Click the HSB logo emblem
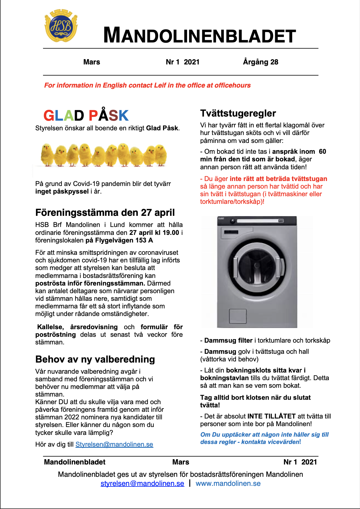pyautogui.click(x=61, y=26)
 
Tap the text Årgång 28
pyautogui.click(x=260, y=62)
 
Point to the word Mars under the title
pyautogui.click(x=92, y=62)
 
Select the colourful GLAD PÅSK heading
pyautogui.click(x=86, y=115)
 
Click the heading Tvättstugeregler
pyautogui.click(x=238, y=113)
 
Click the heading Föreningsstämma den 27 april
pyautogui.click(x=105, y=213)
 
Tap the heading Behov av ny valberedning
pyautogui.click(x=95, y=359)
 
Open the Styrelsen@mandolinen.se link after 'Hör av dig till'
pyautogui.click(x=114, y=445)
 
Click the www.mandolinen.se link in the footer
pyautogui.click(x=228, y=484)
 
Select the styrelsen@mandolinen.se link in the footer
pyautogui.click(x=142, y=484)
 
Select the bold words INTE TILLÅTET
pyautogui.click(x=271, y=416)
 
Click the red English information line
pyautogui.click(x=147, y=86)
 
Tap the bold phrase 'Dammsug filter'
pyautogui.click(x=228, y=341)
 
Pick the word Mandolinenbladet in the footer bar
pyautogui.click(x=75, y=462)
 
